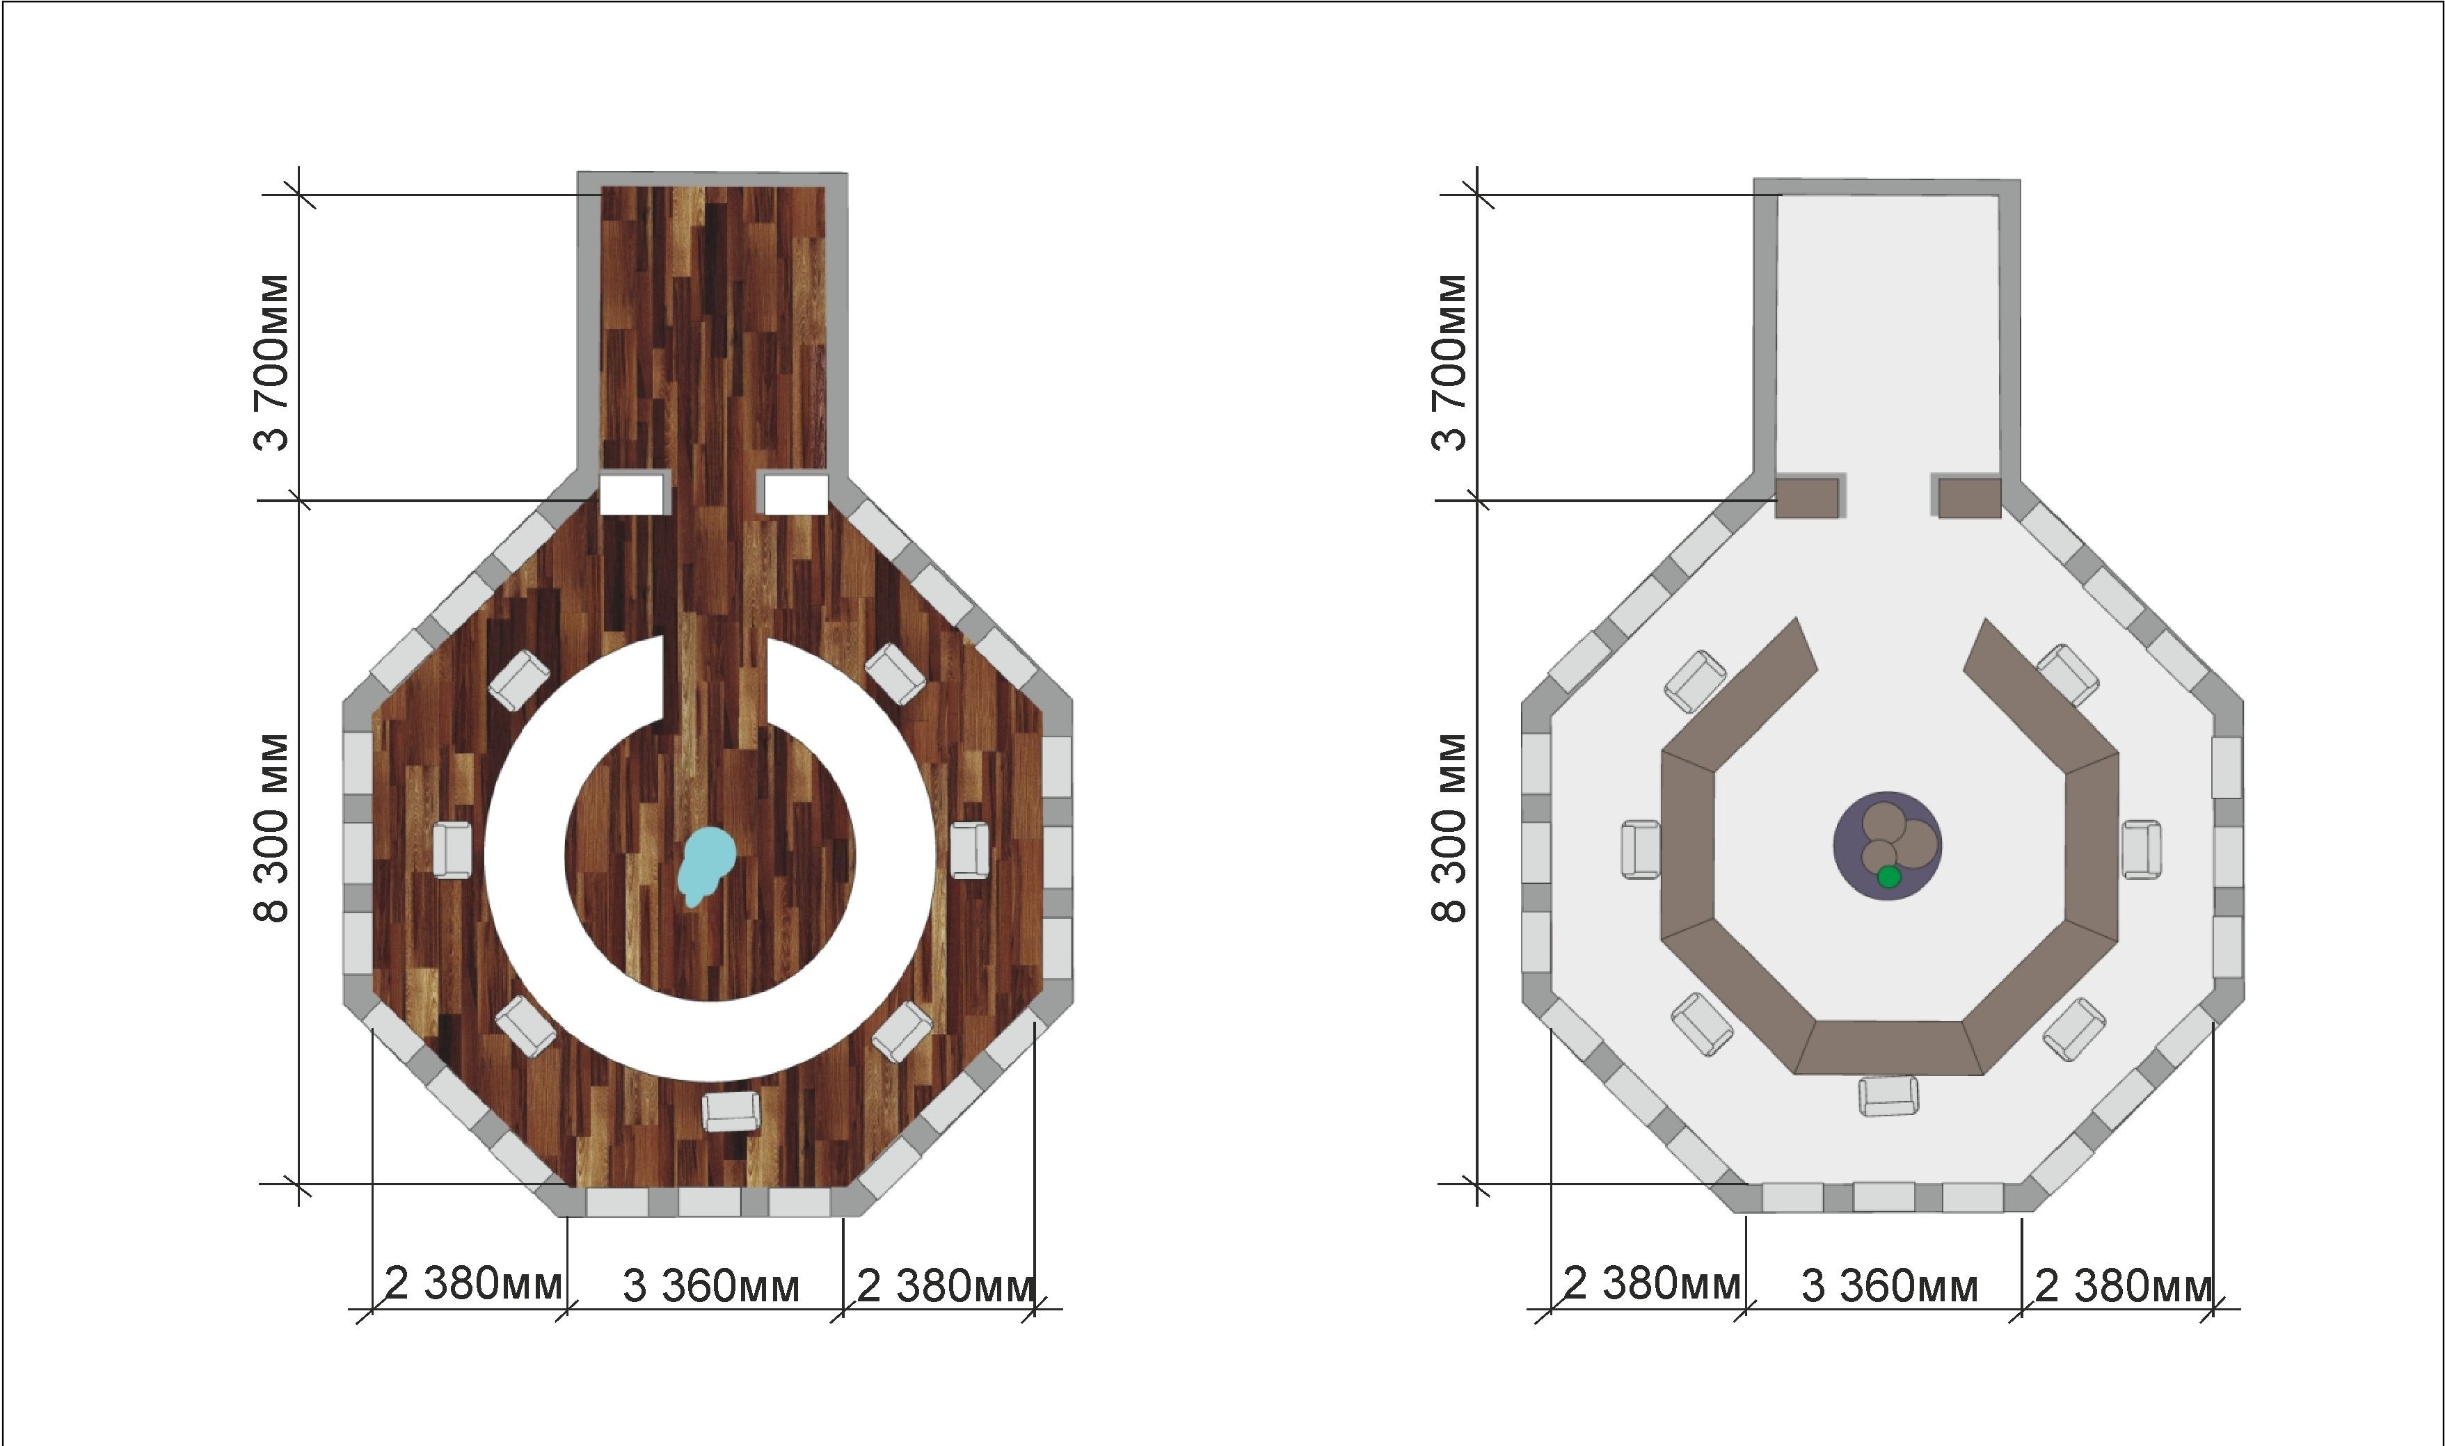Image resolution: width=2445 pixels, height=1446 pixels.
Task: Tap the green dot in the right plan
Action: pos(1888,877)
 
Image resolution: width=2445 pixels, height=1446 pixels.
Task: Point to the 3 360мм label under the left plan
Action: pos(710,1286)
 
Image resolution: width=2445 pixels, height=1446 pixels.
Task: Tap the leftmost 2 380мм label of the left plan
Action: pos(474,1283)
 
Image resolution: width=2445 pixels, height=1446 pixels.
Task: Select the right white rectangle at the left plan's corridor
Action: pos(796,494)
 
